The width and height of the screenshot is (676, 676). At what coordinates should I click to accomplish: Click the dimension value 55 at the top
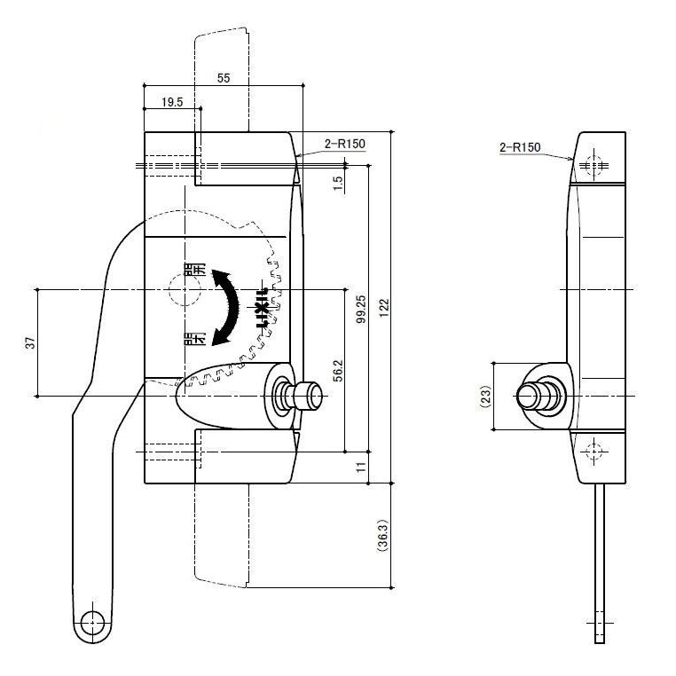click(223, 78)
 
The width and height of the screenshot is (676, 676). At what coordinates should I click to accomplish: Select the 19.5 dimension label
click(172, 102)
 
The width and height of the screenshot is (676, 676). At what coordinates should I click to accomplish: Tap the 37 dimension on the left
click(29, 342)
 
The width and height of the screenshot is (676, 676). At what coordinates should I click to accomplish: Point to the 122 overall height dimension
click(384, 305)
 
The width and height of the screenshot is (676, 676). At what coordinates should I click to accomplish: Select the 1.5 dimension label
click(337, 183)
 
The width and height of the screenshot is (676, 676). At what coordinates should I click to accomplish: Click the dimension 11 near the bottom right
click(361, 467)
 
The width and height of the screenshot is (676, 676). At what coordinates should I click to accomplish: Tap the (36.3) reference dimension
click(383, 535)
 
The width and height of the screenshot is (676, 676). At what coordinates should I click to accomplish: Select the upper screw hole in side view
click(593, 165)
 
